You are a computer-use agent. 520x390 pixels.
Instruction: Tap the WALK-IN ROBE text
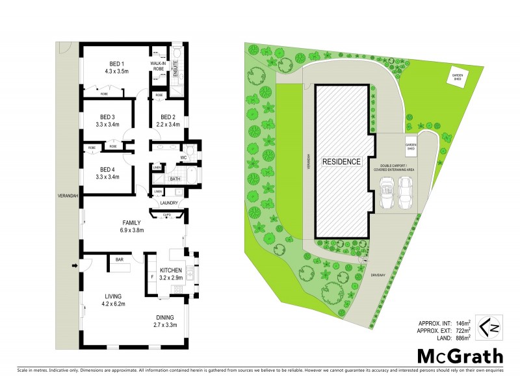[x=158, y=65]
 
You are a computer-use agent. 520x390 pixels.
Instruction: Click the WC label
[x=184, y=158]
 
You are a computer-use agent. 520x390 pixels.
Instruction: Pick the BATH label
[x=175, y=179]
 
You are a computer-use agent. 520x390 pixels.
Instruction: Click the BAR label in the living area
[x=120, y=260]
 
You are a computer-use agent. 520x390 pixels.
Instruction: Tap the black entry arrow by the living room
[x=75, y=265]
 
